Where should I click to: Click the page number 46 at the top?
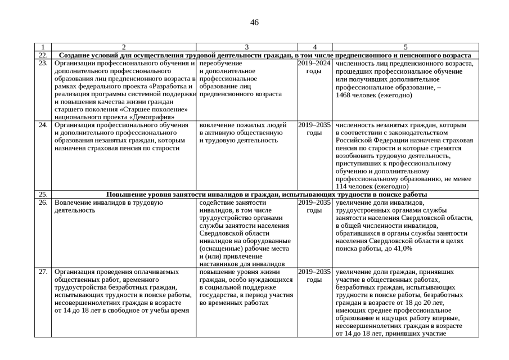[254, 22]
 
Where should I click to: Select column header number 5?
[405, 47]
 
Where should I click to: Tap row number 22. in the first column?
[43, 55]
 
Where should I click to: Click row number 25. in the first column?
[43, 194]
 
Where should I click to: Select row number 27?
[43, 272]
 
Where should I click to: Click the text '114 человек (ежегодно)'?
[372, 186]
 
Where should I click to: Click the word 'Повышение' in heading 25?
[125, 194]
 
